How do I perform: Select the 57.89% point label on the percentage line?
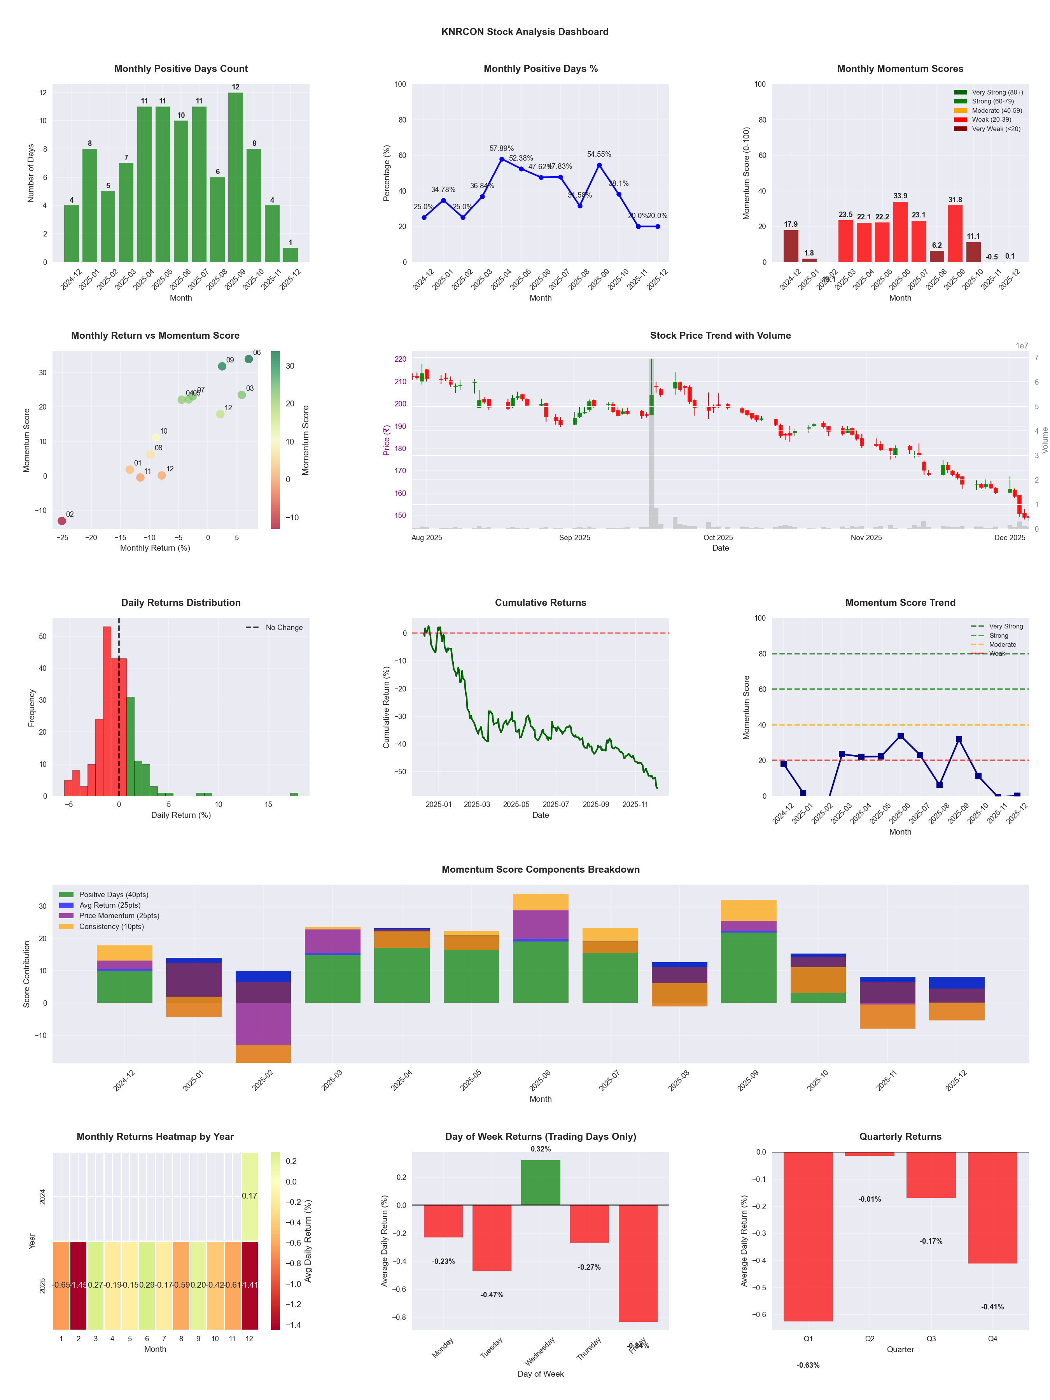point(501,149)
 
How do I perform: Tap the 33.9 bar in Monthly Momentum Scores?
point(900,232)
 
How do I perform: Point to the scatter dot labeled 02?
point(61,521)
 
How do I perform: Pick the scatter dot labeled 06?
point(249,359)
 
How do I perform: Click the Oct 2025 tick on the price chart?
point(718,538)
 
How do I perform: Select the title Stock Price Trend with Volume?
point(720,336)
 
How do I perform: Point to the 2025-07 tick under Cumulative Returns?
point(556,805)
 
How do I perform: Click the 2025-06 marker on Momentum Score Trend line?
point(900,736)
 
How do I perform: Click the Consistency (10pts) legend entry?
point(111,927)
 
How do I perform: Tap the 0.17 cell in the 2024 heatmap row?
point(249,1196)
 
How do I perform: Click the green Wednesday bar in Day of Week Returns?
point(541,1182)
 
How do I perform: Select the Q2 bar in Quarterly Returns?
point(870,1154)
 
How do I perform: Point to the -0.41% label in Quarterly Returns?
point(992,1307)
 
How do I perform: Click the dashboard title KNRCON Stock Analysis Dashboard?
point(525,31)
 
